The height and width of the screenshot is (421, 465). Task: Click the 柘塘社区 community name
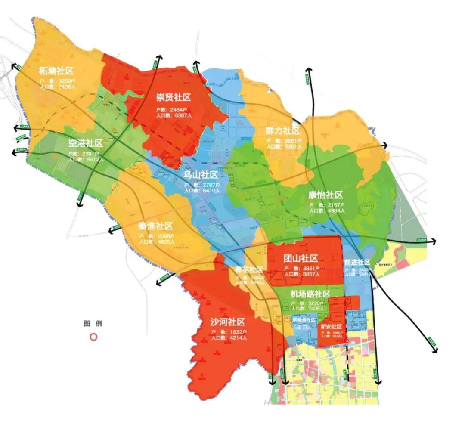(x=56, y=71)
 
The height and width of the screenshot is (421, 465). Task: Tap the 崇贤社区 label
(x=173, y=98)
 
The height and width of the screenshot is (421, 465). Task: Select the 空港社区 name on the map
(x=85, y=143)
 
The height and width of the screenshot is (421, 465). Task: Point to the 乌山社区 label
(x=201, y=175)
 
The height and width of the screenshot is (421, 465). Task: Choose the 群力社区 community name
(x=282, y=131)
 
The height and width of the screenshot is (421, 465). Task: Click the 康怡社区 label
(x=325, y=195)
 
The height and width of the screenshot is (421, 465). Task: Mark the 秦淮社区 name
(x=155, y=226)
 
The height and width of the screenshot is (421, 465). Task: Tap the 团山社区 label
(x=301, y=258)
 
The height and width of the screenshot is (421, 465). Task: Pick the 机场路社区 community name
(x=310, y=294)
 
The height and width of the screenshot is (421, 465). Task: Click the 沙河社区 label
(x=228, y=322)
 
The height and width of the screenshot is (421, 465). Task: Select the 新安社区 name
(x=332, y=326)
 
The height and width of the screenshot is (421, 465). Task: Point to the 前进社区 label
(x=357, y=262)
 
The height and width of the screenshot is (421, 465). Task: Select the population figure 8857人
(x=310, y=274)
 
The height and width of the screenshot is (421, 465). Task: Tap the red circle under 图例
(x=93, y=337)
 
